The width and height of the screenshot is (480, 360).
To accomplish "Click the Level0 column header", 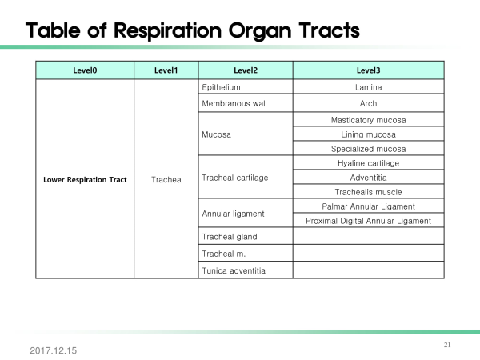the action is coord(85,70).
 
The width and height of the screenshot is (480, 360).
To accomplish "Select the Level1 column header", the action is coord(166,70).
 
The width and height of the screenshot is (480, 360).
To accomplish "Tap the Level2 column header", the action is coord(246,70).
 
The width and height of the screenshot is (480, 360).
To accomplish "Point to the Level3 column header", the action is coord(368,70).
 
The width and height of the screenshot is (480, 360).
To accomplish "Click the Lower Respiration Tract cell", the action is coord(85,179).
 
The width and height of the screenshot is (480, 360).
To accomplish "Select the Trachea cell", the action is coord(166,179).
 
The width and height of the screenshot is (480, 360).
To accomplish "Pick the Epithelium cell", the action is coord(246,87).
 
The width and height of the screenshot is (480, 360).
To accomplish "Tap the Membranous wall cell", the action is coord(246,103).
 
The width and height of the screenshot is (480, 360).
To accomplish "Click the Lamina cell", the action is coord(368,87).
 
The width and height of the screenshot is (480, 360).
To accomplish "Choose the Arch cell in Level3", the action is coord(368,103).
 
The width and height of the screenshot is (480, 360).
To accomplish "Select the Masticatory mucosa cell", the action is coord(368,120).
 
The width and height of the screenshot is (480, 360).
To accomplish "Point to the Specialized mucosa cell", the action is coord(368,149).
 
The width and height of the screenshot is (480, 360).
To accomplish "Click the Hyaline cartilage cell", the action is coord(368,163).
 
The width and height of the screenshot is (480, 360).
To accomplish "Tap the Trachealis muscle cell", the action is coord(368,192).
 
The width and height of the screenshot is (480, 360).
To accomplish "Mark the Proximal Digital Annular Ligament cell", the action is coord(368,221).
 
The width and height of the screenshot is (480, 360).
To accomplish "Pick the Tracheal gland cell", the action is coord(246,236).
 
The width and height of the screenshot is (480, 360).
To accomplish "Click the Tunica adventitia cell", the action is coord(246,270).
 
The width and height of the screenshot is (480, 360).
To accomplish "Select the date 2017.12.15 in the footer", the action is coord(54,350).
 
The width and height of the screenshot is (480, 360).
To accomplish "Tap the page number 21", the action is coord(447,345).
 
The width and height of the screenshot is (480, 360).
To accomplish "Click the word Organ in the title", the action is coord(260,31).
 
